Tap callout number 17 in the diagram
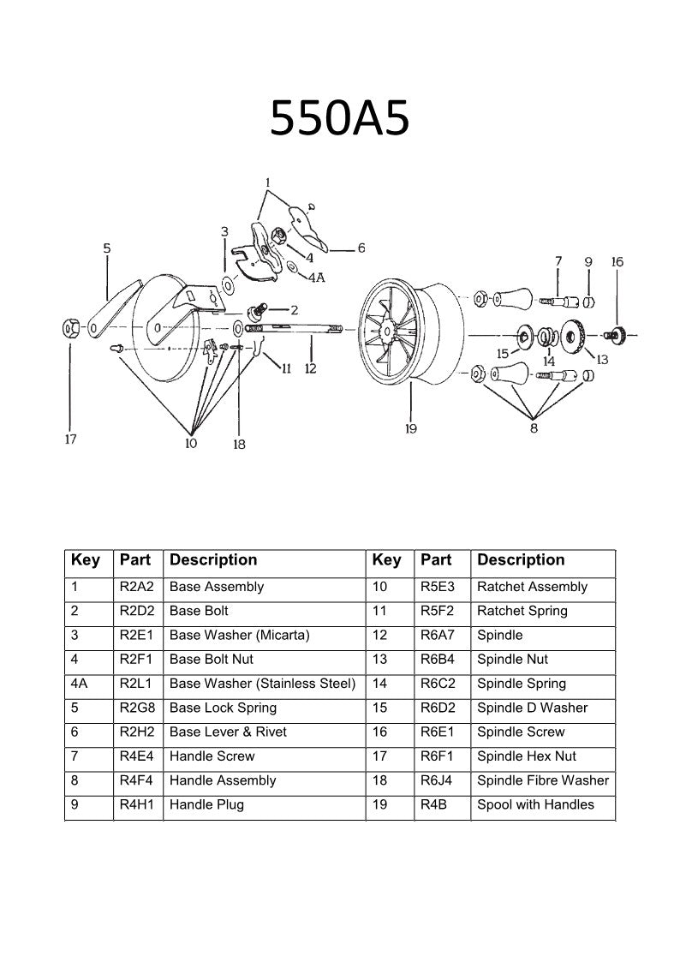pos(70,439)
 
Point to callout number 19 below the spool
pos(410,428)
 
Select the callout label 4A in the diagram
pos(316,277)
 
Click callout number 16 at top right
pos(617,262)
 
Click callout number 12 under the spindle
pos(310,368)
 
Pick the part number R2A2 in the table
pos(136,588)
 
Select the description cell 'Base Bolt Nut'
pos(212,660)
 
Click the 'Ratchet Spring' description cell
pos(522,612)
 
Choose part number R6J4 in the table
pos(437,780)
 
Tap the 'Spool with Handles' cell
pos(535,804)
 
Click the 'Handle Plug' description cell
pos(206,804)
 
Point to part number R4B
pos(432,804)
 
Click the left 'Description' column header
pos(213,560)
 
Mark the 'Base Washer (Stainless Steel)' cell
pos(262,684)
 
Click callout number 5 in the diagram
pos(107,248)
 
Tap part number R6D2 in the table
pos(438,708)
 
